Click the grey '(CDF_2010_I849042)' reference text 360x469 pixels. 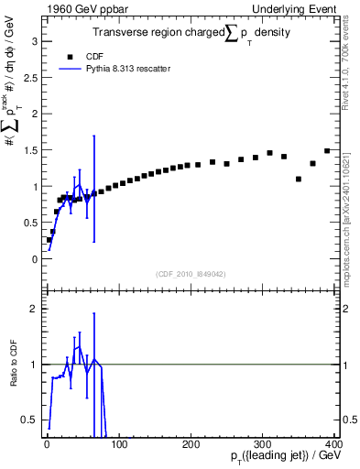click(191, 274)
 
